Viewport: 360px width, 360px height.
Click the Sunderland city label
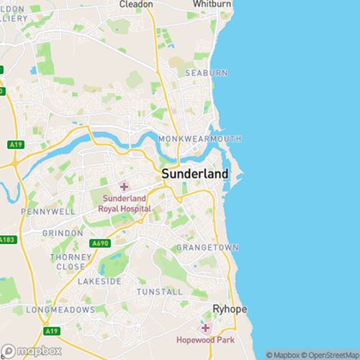(x=195, y=174)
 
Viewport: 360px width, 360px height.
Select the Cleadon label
(x=135, y=4)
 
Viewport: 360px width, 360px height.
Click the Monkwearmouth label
(x=205, y=138)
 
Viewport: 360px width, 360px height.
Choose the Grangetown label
(x=207, y=248)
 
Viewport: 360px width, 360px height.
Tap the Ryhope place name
(x=230, y=309)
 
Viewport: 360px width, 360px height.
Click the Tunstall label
(x=159, y=292)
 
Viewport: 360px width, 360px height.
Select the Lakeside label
(x=99, y=282)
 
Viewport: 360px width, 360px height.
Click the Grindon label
(x=63, y=234)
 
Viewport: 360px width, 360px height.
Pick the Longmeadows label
(x=60, y=310)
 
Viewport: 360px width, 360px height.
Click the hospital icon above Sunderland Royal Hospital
(x=124, y=186)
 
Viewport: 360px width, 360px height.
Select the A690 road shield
(x=100, y=244)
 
